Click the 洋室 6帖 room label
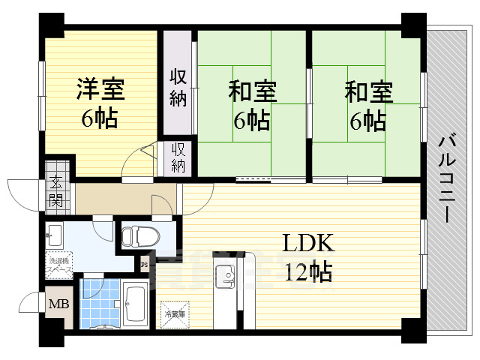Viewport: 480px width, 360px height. (99, 104)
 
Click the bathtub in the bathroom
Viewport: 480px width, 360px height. (138, 304)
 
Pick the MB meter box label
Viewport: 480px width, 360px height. (58, 305)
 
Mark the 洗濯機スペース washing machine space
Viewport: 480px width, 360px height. (59, 263)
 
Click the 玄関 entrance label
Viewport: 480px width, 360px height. (57, 191)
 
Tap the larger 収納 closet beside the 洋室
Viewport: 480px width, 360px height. (178, 87)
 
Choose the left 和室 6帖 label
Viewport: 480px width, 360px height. (252, 104)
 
